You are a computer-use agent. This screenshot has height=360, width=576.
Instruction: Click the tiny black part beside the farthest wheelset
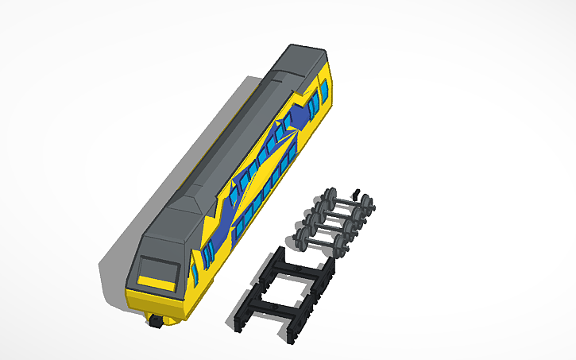357,194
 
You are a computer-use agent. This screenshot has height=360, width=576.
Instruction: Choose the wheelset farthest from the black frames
350,203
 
